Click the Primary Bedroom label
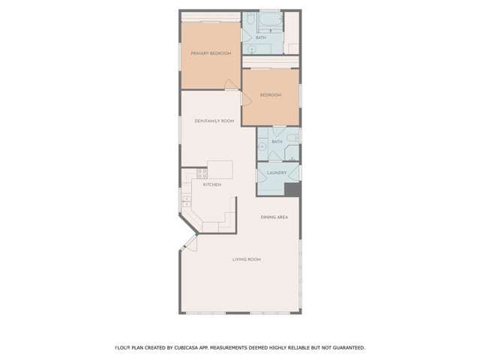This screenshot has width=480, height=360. click(211, 53)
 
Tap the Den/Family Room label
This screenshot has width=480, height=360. click(214, 121)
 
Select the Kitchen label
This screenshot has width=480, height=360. click(212, 184)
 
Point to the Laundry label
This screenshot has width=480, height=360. click(277, 172)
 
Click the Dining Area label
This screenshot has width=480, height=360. click(274, 217)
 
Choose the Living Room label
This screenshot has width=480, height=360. click(247, 259)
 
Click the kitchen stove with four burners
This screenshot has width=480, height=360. click(202, 173)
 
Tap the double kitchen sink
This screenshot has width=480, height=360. click(187, 202)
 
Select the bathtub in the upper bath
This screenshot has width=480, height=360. click(269, 20)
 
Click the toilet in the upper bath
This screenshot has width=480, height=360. click(250, 18)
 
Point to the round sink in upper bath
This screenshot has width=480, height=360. click(252, 49)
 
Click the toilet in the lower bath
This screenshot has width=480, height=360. click(293, 138)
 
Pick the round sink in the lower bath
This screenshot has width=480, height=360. click(262, 147)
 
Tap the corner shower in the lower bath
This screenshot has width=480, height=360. click(292, 153)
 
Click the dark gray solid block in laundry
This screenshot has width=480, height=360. click(292, 190)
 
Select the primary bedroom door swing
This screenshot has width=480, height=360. click(231, 84)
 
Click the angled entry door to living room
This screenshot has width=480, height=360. click(190, 243)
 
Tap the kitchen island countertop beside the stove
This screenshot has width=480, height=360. click(220, 169)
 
